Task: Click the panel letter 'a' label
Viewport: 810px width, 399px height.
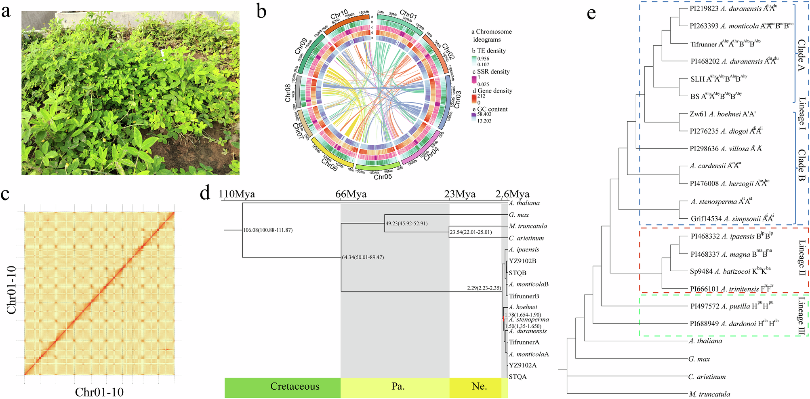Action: coord(6,11)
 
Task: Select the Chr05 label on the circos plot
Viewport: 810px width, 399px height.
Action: coord(383,177)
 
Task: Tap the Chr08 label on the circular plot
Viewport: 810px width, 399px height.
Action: coord(288,93)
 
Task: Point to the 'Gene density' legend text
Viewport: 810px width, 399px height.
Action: coord(494,91)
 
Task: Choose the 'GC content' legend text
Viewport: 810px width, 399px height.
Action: coord(492,109)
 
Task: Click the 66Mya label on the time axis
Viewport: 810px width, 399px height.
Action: coord(351,194)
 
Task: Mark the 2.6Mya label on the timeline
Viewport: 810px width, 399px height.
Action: coord(512,194)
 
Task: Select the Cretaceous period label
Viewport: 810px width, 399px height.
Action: coord(295,386)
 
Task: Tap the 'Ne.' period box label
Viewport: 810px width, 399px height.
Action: coord(479,386)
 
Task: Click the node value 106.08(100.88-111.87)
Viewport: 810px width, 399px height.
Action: coord(268,230)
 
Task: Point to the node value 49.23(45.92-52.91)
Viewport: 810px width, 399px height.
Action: coord(406,223)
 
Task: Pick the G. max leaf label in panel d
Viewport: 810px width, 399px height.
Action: coord(519,215)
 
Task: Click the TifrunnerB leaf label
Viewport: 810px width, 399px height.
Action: coord(524,296)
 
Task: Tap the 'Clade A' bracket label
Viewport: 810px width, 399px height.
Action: coord(802,55)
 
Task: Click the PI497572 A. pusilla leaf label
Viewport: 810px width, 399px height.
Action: coord(732,306)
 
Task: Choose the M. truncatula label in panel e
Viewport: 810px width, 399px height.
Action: coord(709,394)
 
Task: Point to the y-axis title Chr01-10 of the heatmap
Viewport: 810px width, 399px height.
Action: coord(11,289)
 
